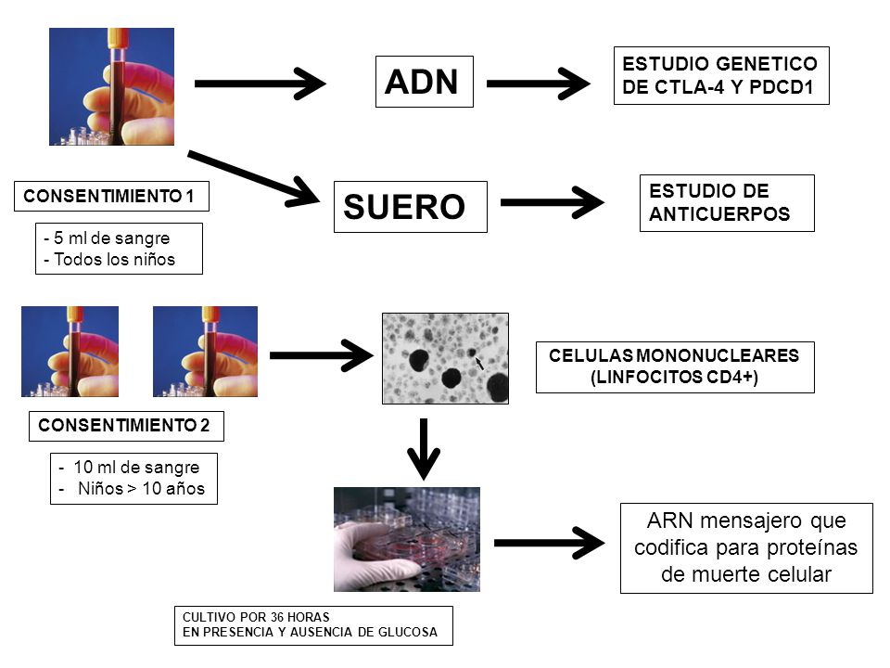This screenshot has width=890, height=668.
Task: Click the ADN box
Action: pos(424,82)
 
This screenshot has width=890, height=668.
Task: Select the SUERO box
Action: pos(411,207)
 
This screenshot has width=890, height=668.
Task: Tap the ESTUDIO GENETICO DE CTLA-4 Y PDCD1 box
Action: pos(721,75)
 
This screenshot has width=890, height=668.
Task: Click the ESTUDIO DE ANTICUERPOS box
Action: pos(727,203)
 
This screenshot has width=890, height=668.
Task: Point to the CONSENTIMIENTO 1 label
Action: pos(111,196)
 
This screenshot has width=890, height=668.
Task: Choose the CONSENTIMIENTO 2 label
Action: pos(126,426)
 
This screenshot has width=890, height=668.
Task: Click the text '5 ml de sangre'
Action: pos(112,238)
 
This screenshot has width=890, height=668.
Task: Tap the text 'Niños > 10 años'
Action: pos(141,489)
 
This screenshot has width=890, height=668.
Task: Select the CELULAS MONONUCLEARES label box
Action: pos(675,367)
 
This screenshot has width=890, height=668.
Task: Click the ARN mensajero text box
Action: pos(746,548)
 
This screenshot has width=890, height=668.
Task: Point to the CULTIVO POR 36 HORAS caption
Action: pos(313,625)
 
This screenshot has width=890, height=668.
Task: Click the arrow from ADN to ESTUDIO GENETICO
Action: pos(538,83)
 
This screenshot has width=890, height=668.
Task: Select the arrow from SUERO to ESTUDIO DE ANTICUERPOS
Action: pos(553,202)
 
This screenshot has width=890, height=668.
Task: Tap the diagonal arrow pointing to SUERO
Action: pos(253,178)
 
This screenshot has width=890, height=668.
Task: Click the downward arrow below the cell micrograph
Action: pos(424,449)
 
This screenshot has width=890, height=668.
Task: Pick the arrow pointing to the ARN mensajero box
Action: pos(550,543)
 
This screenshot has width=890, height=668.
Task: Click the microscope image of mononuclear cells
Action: pos(446,358)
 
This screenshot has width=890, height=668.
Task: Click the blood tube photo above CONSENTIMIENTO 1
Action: pos(112,86)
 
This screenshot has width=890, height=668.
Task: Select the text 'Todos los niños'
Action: pos(115,260)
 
